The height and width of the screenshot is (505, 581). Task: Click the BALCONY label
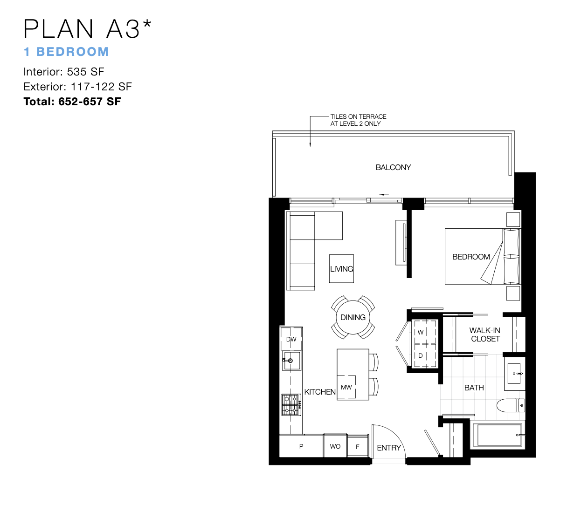point(393,167)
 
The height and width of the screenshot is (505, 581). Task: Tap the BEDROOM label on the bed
point(471,257)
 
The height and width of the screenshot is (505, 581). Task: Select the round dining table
point(353,317)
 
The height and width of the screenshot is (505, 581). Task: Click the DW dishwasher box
point(291,339)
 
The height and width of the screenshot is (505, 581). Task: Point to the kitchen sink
point(291,361)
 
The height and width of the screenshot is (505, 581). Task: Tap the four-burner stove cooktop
point(291,404)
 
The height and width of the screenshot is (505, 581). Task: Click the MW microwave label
point(346,387)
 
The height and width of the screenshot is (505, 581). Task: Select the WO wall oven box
point(335,446)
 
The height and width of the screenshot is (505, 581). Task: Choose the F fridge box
point(358,446)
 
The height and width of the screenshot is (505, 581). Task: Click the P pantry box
point(301,446)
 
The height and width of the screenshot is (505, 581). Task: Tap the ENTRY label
point(389,448)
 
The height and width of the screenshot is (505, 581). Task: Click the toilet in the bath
point(511,405)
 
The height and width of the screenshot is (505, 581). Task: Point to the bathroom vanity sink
point(514,374)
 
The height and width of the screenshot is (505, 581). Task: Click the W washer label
point(421,332)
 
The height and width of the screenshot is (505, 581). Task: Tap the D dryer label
point(421,356)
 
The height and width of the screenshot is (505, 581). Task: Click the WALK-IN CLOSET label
point(485,334)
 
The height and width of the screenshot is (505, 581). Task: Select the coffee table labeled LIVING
point(341,269)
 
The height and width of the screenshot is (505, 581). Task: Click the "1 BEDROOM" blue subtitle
point(66,52)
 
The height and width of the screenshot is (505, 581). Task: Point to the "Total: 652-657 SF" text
point(72,102)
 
